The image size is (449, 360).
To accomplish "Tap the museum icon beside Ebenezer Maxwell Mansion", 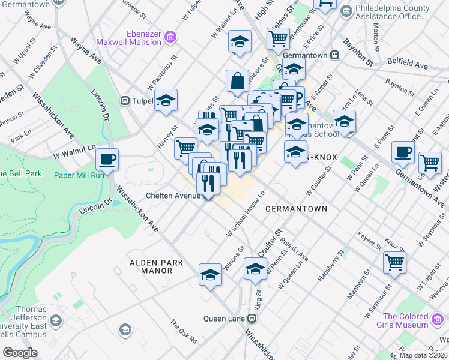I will tap(170, 38).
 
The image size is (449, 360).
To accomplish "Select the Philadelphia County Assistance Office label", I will tap(393, 13).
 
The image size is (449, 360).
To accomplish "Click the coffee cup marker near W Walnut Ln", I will tap(107, 160).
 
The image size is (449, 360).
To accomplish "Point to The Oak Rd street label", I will tap(184, 331).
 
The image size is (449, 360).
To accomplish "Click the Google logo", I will tap(20, 353).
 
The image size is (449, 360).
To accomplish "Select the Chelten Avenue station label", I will tap(173, 196).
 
